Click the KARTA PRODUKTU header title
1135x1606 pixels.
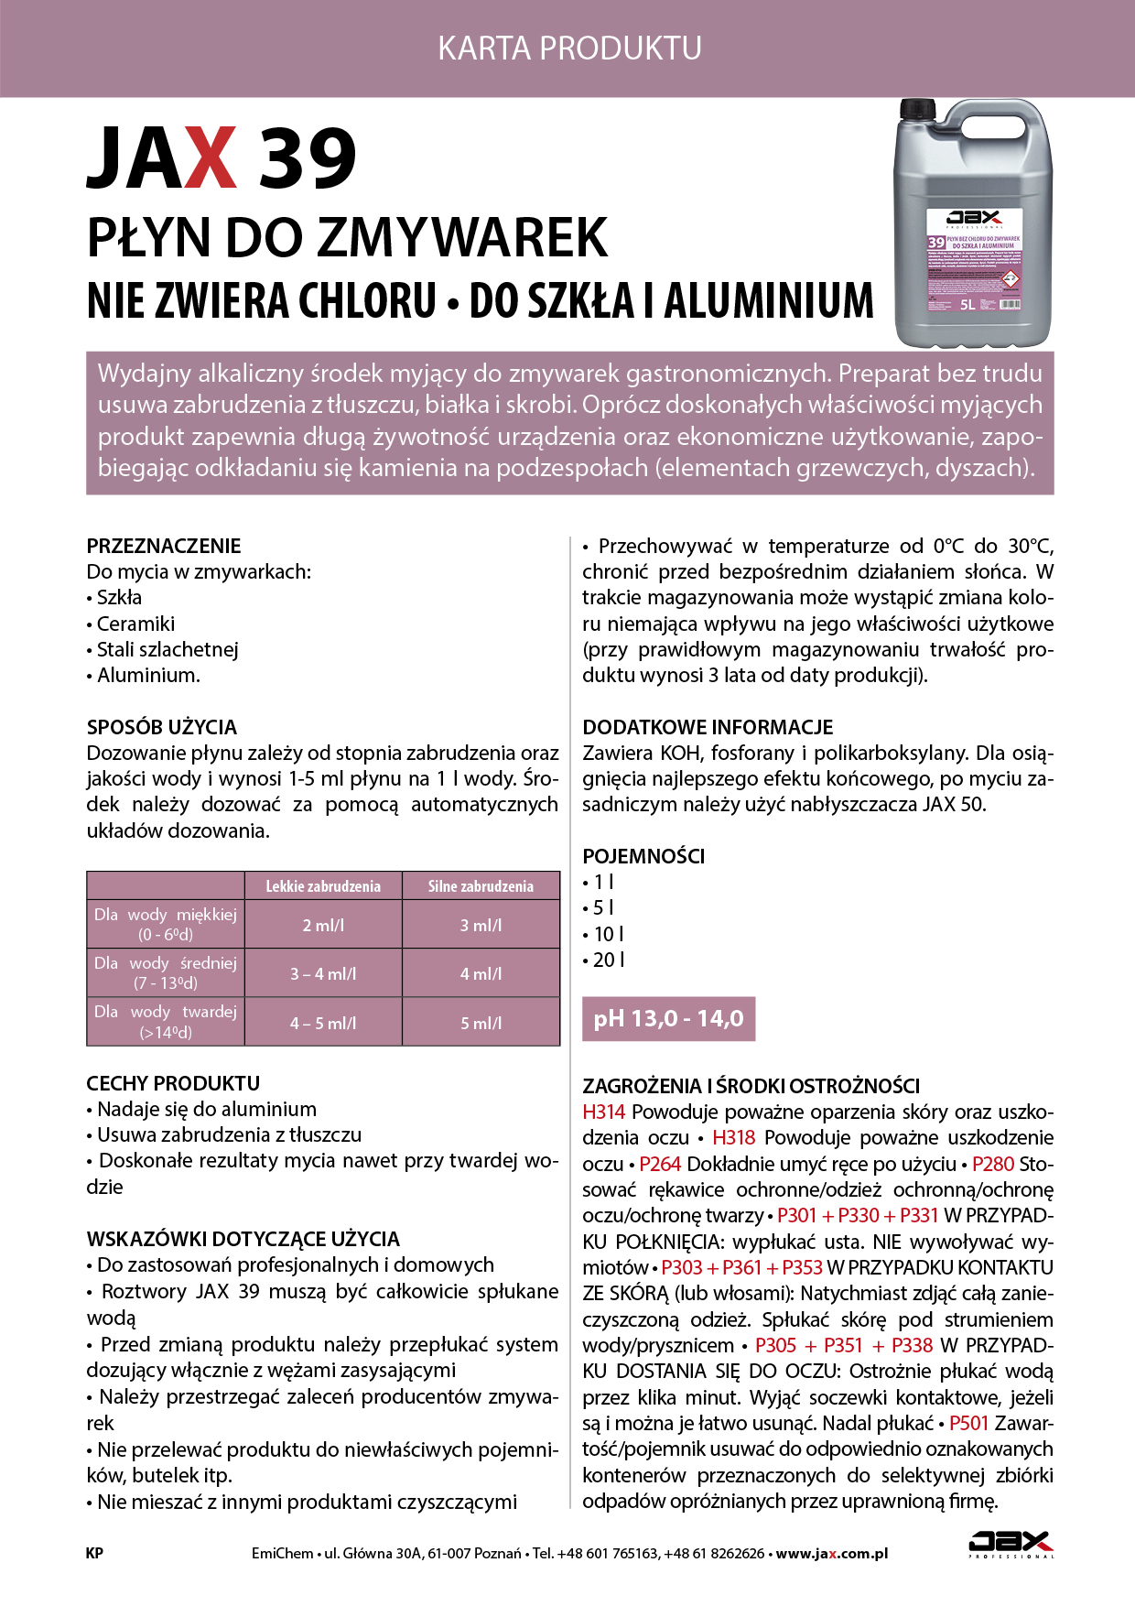click(x=569, y=48)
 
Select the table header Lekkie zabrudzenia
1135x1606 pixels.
click(x=323, y=886)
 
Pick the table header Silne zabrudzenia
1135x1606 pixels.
click(x=481, y=886)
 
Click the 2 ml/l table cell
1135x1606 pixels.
click(x=323, y=926)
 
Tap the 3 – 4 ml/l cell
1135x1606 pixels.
click(x=323, y=974)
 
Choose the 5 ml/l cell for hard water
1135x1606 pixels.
click(x=481, y=1023)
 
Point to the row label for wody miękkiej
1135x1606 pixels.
click(x=166, y=924)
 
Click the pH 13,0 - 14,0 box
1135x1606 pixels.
click(x=669, y=1019)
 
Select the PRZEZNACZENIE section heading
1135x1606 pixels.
click(x=164, y=547)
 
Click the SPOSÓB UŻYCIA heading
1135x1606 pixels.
click(x=162, y=728)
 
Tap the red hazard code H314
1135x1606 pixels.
click(x=604, y=1112)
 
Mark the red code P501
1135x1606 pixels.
click(x=969, y=1424)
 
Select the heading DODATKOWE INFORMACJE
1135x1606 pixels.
click(x=708, y=728)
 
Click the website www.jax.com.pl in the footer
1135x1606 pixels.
click(x=832, y=1553)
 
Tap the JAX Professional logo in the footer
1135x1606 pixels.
click(x=1011, y=1545)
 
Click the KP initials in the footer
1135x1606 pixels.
click(x=94, y=1553)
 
